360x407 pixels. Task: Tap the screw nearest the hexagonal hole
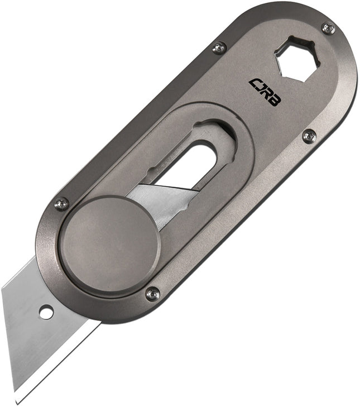click(x=328, y=28)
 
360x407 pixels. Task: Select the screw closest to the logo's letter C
click(x=219, y=49)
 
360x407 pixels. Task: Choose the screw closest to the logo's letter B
click(x=309, y=136)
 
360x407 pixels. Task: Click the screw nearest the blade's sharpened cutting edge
click(x=152, y=293)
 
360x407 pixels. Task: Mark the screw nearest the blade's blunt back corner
click(x=61, y=204)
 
